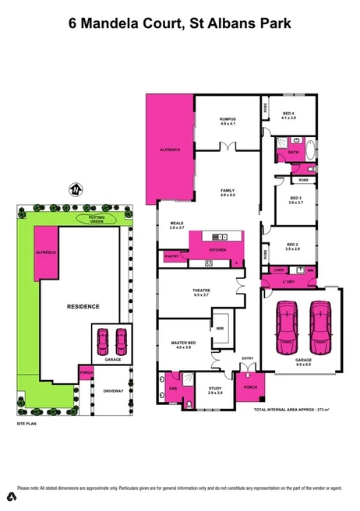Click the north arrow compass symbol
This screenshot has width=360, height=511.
pos(76,189)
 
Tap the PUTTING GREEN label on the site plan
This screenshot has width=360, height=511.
pos(97,220)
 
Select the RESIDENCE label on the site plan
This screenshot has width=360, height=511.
pos(82,306)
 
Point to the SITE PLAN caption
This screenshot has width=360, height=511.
pos(27,424)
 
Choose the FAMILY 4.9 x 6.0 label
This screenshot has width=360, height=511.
pos(227,192)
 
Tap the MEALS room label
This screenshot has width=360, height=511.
pos(176,225)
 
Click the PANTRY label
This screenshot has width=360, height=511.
pos(172,255)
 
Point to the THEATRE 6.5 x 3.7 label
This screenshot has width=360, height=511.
pos(201,294)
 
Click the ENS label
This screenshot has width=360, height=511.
pos(173,387)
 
